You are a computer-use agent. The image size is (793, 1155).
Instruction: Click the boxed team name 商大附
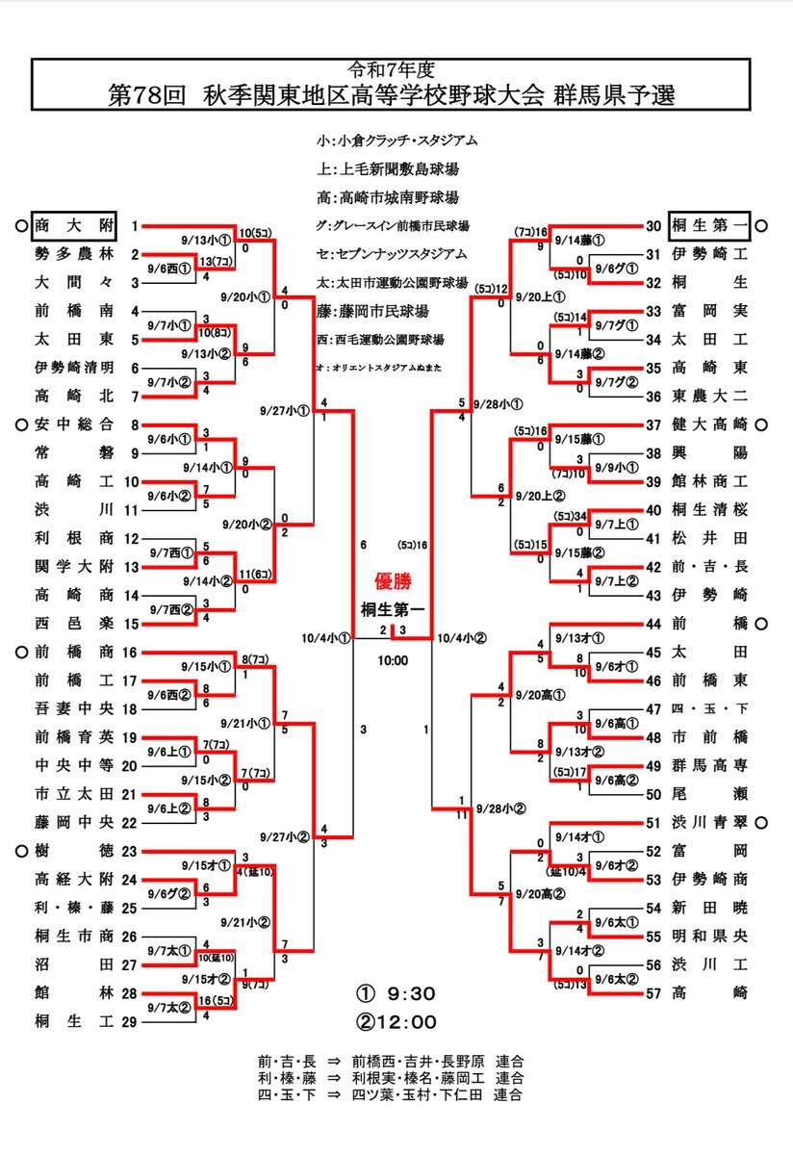coord(73,226)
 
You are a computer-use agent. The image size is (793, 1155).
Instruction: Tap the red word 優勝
coord(393,581)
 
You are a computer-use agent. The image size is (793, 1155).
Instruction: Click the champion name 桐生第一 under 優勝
coord(393,608)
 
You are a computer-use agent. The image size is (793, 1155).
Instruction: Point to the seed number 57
coord(653,992)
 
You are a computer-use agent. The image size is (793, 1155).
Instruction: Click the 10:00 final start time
coord(393,660)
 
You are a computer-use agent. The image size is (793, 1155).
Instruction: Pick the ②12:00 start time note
coord(397,1022)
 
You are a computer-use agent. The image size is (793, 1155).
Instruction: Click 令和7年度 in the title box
coord(392,70)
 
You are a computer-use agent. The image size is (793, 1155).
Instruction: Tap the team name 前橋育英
coord(73,738)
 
